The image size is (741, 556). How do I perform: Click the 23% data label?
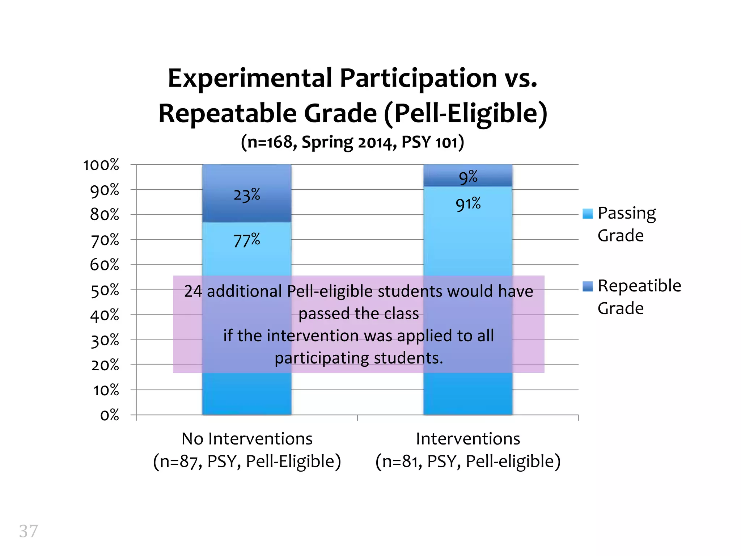point(247,195)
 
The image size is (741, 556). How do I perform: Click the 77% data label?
point(247,240)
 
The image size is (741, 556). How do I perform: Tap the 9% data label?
point(468,177)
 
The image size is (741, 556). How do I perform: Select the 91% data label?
point(468,204)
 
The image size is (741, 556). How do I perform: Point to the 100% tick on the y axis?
point(101,165)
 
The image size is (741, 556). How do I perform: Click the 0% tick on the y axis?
point(110,415)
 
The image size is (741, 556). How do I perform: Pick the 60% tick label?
point(105,265)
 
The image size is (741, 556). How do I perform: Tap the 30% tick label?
point(105,340)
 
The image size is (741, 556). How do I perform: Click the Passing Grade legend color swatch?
point(588,214)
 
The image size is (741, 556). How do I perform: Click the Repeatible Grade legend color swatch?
point(588,286)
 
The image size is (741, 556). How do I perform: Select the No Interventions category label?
point(247,439)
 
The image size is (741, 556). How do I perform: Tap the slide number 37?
point(28,531)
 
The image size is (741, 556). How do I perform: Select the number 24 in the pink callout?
point(193,291)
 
